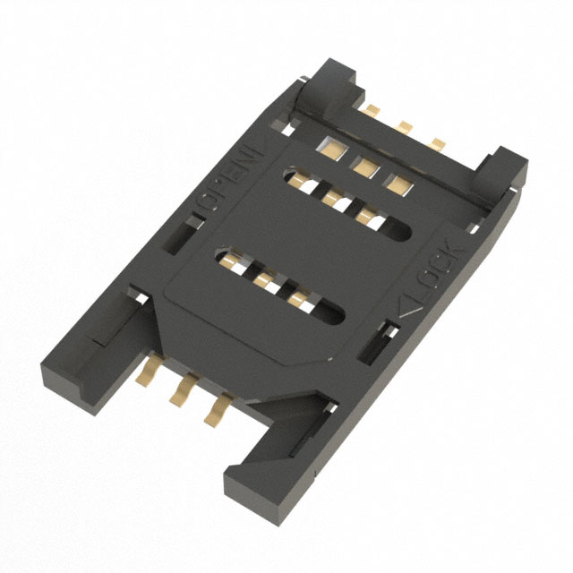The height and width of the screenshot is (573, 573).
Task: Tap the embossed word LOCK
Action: point(441,267)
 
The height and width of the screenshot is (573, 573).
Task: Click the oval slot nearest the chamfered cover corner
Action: point(282,285)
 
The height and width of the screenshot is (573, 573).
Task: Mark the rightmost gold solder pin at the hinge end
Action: point(438,142)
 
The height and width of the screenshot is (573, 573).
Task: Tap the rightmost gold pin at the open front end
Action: point(215,409)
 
